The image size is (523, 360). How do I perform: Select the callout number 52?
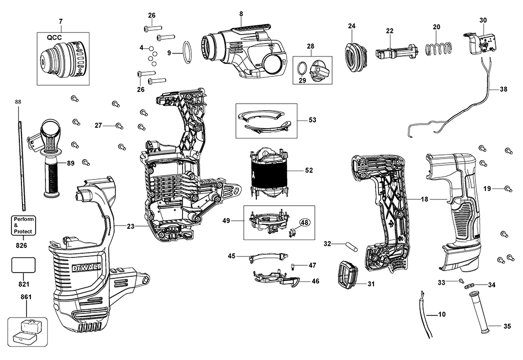309,170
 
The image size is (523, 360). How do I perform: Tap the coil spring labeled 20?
437,50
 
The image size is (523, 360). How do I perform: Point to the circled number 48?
305,222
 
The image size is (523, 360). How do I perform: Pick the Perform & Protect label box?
24,224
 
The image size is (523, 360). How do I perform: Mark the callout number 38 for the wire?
503,89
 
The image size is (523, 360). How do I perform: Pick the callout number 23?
130,226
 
